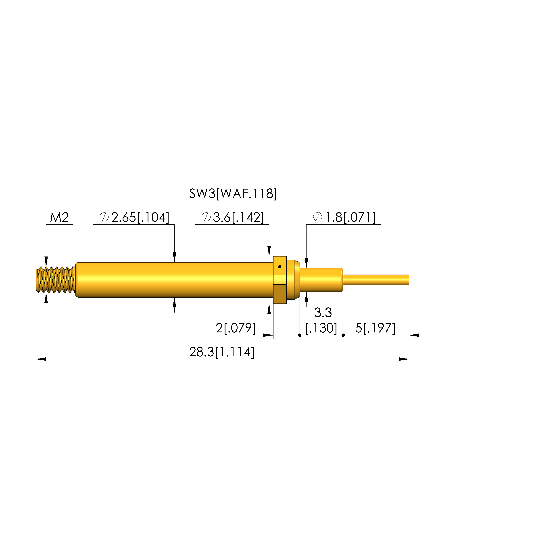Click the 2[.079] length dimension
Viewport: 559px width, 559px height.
(x=236, y=328)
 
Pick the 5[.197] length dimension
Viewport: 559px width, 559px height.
(x=375, y=328)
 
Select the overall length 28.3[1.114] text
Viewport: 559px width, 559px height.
(x=222, y=352)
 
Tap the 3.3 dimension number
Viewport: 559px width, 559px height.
(x=323, y=313)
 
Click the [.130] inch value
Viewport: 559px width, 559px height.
(x=321, y=328)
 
